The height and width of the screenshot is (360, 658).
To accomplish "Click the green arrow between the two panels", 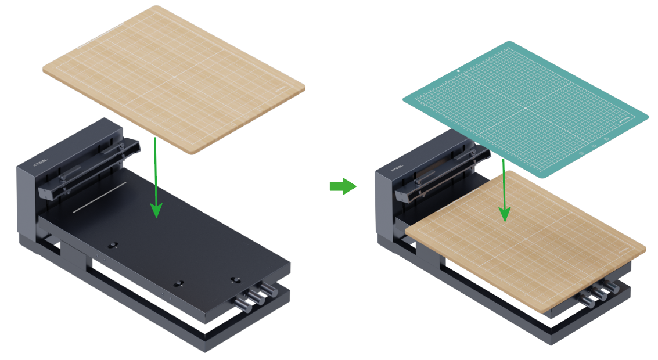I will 343,186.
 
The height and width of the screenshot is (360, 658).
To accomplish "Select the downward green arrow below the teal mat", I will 504,192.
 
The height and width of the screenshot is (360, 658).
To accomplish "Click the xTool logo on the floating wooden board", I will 282,89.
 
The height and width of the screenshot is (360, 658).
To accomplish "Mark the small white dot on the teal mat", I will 458,71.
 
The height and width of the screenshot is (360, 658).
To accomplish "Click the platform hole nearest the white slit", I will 114,244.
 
